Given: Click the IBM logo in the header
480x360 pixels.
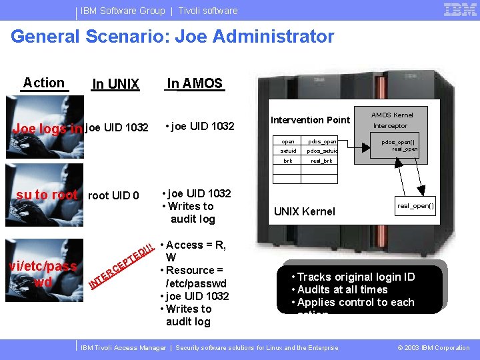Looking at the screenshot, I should (x=459, y=10).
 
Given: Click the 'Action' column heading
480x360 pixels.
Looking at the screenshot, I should (x=44, y=83).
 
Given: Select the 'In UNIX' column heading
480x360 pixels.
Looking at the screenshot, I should (x=115, y=84).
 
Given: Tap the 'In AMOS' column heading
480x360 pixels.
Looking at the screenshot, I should (x=195, y=83).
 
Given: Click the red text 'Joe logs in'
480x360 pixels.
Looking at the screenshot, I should (x=48, y=128).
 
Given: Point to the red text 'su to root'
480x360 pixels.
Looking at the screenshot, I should (x=47, y=195).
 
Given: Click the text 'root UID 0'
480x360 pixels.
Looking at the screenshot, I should (x=113, y=195).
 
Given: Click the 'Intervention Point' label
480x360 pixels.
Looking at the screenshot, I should (x=310, y=120).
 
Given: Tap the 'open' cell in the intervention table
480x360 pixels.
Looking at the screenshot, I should (x=288, y=141).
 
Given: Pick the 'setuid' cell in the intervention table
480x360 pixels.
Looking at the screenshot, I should (x=288, y=151).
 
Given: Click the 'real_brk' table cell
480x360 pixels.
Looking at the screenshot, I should (x=321, y=161).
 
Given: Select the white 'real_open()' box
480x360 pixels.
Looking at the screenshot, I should (x=415, y=206).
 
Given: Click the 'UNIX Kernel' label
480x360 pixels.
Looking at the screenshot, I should (x=305, y=211).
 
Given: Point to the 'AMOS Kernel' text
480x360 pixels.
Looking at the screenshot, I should (x=392, y=115).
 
